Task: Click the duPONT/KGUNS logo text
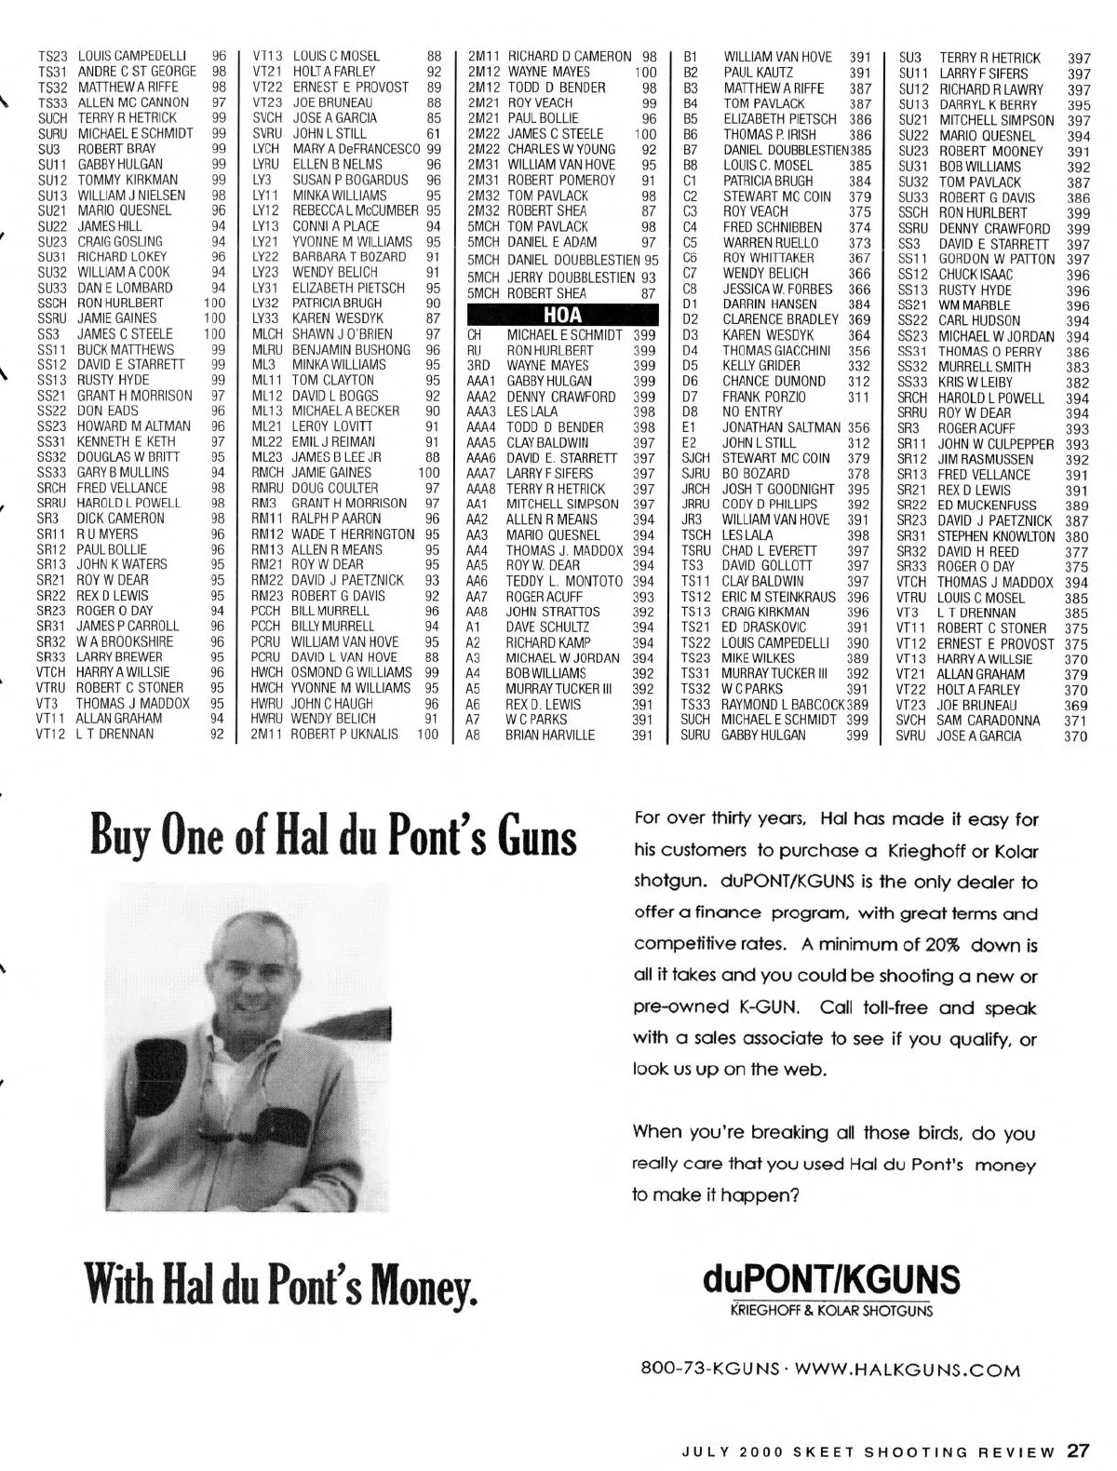(x=832, y=1277)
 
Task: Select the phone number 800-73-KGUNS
(x=709, y=1370)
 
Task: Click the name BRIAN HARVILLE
(x=549, y=735)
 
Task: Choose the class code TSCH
(x=695, y=535)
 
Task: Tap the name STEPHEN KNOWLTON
(x=996, y=536)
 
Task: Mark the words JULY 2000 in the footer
(x=728, y=1451)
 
